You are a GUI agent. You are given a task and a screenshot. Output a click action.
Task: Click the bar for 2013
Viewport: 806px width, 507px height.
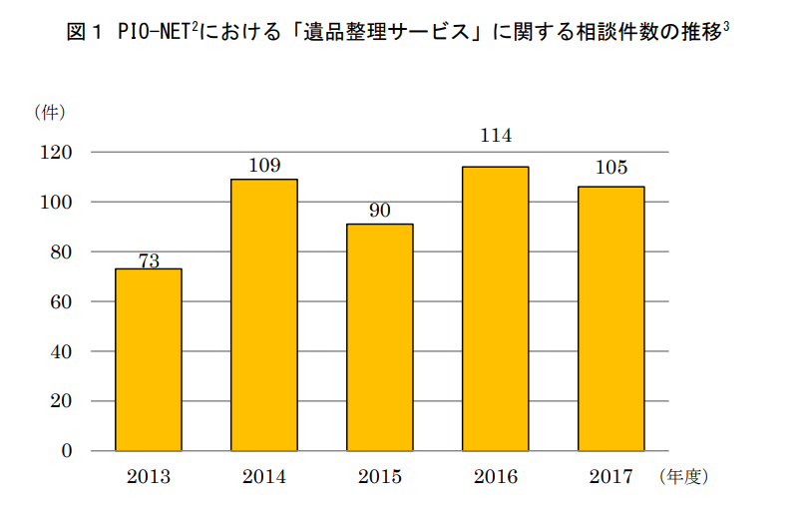(149, 359)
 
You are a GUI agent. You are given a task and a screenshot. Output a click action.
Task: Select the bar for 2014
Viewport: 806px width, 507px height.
(264, 314)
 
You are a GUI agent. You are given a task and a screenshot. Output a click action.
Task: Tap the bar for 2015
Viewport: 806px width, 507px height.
(380, 337)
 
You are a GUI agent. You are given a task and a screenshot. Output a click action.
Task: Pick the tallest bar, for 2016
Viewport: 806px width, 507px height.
(496, 308)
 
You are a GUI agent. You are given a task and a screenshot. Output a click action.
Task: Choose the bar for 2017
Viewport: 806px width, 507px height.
(611, 318)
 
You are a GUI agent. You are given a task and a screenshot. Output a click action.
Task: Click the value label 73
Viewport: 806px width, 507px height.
(149, 261)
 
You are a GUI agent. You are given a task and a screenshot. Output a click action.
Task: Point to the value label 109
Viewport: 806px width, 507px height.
(264, 166)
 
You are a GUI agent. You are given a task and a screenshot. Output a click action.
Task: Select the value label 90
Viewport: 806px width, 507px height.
(380, 211)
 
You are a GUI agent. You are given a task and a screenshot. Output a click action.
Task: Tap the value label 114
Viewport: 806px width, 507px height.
(496, 136)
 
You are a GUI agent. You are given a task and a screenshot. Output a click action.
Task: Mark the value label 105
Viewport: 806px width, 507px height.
(611, 167)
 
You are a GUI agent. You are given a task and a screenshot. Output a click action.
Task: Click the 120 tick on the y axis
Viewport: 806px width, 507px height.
(56, 152)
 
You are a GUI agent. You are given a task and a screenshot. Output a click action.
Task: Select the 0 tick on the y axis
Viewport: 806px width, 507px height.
(66, 451)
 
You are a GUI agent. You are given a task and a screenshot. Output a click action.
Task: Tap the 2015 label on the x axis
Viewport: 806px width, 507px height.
(380, 477)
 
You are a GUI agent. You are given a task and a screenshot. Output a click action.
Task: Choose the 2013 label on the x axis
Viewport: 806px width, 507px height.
(149, 477)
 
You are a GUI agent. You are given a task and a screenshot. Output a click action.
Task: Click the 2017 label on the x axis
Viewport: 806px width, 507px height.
(611, 477)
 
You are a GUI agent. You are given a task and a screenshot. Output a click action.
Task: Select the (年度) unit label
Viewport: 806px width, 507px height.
(682, 477)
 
